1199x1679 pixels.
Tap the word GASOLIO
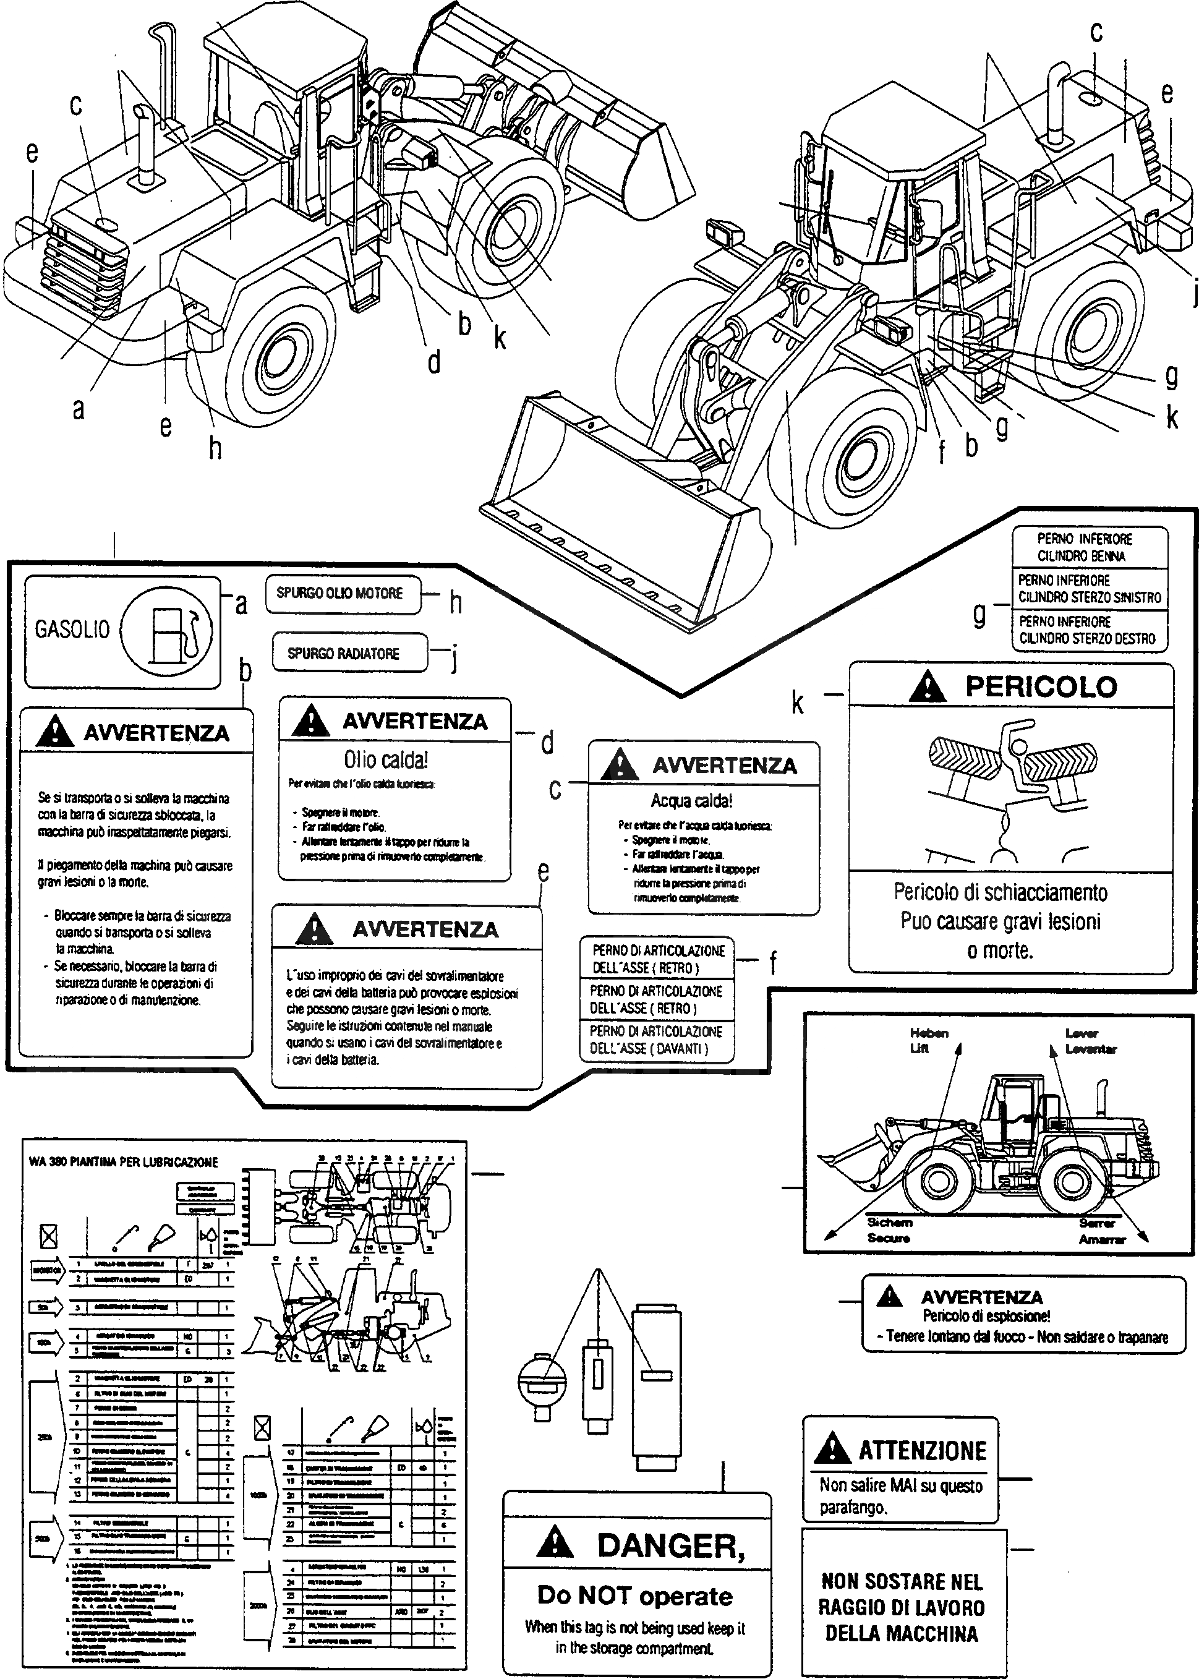[72, 629]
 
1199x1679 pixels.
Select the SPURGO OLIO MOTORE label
[339, 594]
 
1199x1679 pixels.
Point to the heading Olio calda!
[386, 760]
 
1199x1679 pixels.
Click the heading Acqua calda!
[691, 800]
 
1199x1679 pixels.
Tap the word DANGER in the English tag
[670, 1545]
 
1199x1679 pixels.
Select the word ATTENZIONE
[922, 1451]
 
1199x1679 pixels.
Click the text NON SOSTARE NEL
[902, 1581]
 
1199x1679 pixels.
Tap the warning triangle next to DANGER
[555, 1545]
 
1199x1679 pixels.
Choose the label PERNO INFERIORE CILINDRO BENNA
[1084, 547]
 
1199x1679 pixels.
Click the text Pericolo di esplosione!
[986, 1316]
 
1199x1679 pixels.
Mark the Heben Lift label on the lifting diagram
[929, 1040]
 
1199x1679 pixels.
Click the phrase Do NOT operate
[635, 1596]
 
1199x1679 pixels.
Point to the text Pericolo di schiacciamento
[1001, 892]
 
